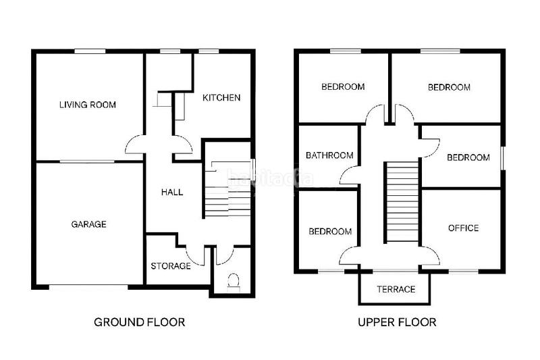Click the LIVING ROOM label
87,105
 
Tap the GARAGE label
88,224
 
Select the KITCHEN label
221,98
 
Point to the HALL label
172,192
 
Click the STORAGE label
170,266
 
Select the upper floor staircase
402,203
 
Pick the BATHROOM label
329,155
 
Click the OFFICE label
463,228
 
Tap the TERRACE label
396,290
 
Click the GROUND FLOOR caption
140,322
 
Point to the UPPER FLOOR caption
397,322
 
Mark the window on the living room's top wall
90,51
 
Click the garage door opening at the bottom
88,286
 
